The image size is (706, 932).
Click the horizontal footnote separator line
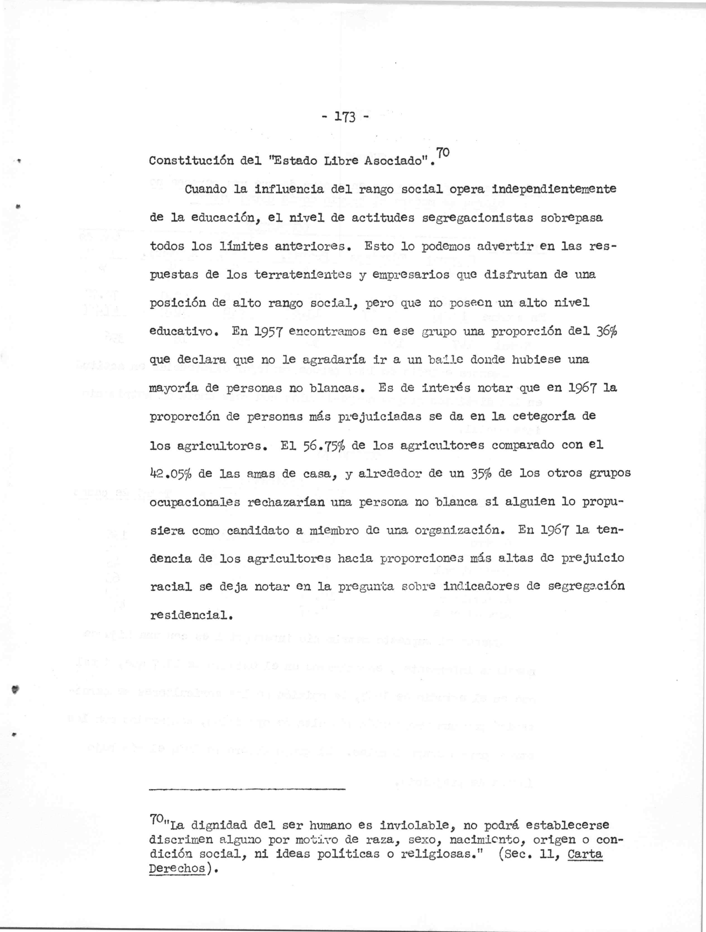[x=247, y=789]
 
